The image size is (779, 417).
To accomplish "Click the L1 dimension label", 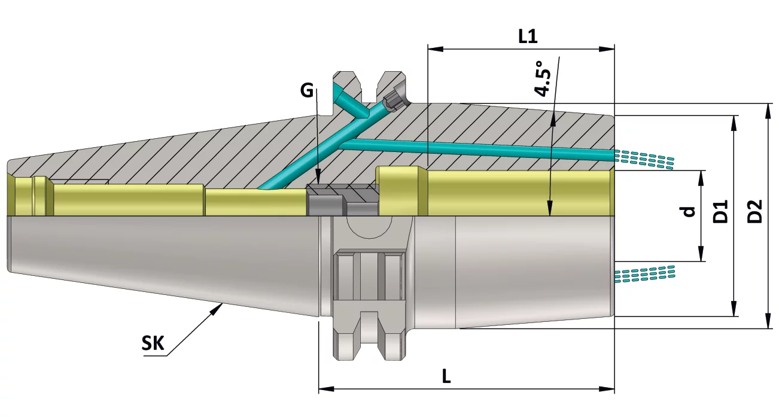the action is click(528, 36).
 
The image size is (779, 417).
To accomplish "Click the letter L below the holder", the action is click(446, 376).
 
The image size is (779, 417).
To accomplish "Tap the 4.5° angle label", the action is click(543, 78).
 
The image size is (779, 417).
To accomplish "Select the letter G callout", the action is click(307, 90).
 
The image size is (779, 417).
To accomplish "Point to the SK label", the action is click(153, 343).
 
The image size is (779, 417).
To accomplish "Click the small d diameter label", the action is click(688, 211).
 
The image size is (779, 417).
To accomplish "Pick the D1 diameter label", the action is click(720, 211).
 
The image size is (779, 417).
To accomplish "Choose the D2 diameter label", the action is click(754, 211).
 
